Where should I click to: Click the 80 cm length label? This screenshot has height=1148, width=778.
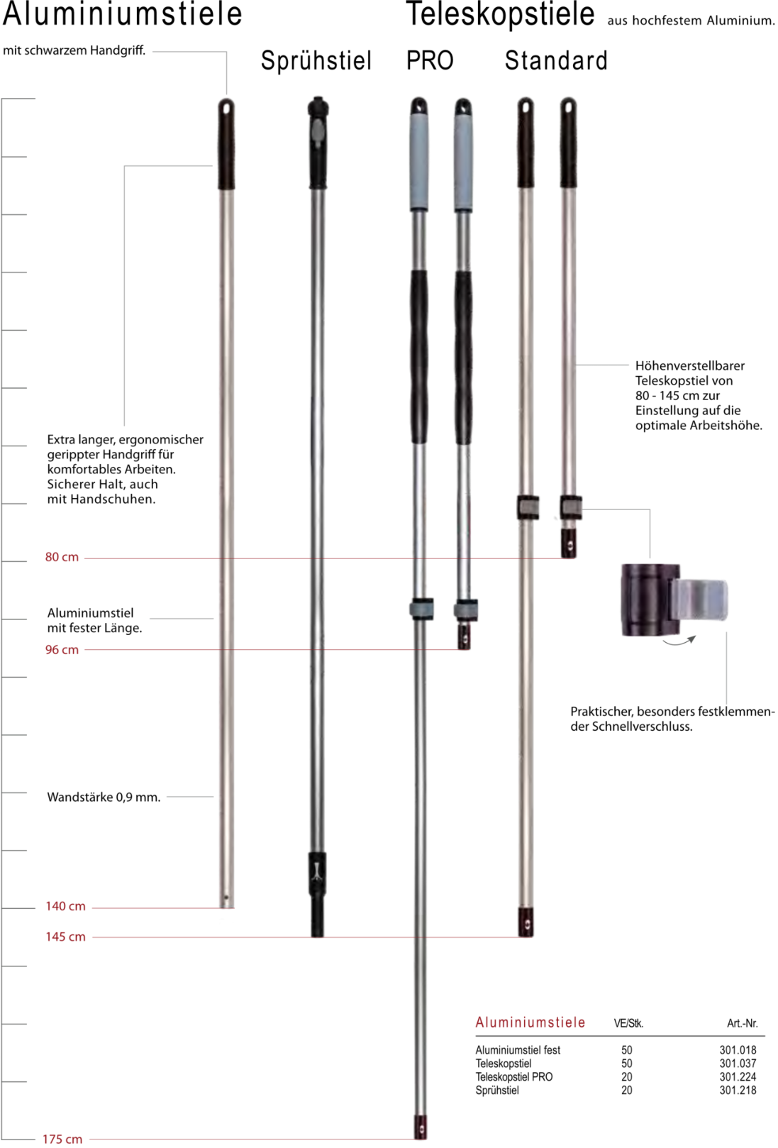pyautogui.click(x=62, y=558)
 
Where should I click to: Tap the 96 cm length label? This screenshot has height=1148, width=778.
pyautogui.click(x=62, y=650)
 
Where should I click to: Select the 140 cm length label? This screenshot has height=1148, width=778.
pyautogui.click(x=65, y=907)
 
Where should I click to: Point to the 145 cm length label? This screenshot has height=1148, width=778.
pyautogui.click(x=65, y=937)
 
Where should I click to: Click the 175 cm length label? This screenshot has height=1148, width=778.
pyautogui.click(x=62, y=1139)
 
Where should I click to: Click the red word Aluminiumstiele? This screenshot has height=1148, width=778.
pyautogui.click(x=530, y=1022)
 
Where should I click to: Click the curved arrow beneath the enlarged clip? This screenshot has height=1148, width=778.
pyautogui.click(x=679, y=641)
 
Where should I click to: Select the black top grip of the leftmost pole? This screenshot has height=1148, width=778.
pyautogui.click(x=226, y=144)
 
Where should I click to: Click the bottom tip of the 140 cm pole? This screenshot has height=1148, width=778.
pyautogui.click(x=226, y=902)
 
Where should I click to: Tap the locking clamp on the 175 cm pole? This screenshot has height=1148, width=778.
pyautogui.click(x=421, y=609)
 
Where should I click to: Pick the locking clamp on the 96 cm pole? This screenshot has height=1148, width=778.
pyautogui.click(x=466, y=609)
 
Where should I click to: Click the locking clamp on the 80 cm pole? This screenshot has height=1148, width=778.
pyautogui.click(x=570, y=507)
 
